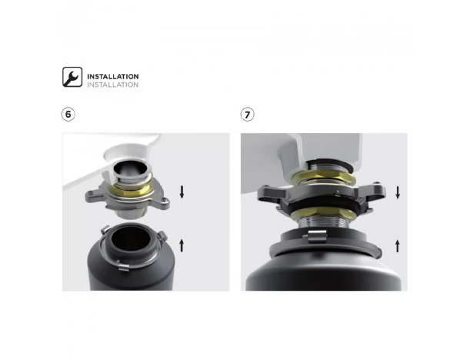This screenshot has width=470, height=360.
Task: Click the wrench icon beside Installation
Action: (x=72, y=77)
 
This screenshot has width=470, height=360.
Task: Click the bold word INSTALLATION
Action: (x=113, y=76)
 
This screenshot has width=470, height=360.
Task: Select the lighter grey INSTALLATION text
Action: (x=113, y=85)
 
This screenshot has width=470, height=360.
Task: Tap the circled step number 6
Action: (x=68, y=114)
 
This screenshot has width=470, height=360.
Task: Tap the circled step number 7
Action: (x=247, y=115)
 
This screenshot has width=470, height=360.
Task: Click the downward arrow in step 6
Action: (x=182, y=192)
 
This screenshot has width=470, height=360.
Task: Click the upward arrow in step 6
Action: (x=182, y=245)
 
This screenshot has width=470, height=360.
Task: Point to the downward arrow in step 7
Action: (x=398, y=192)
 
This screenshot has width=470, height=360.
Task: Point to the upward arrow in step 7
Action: (x=398, y=245)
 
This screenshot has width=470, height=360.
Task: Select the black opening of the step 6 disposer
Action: (x=131, y=239)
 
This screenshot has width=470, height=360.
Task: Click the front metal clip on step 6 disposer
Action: (x=123, y=266)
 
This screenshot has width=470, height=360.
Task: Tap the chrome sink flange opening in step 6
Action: (x=131, y=169)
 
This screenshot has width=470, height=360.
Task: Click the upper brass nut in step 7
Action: (x=324, y=178)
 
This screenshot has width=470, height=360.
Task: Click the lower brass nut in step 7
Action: (x=324, y=213)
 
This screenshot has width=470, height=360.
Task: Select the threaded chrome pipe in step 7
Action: (x=323, y=224)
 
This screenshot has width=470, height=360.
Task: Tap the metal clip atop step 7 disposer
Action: (x=316, y=235)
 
